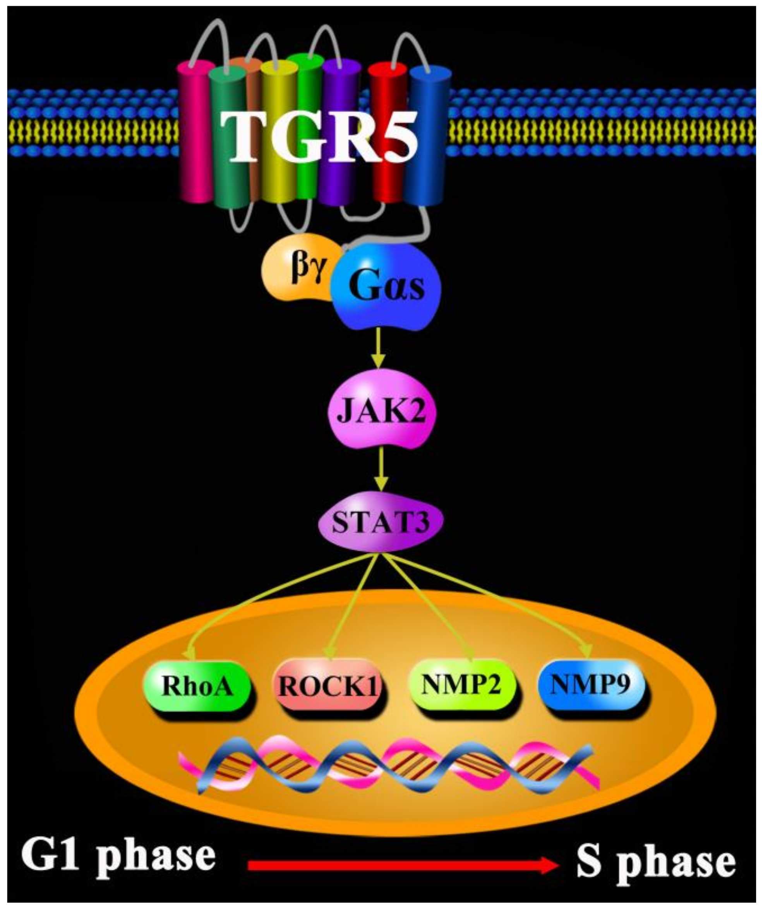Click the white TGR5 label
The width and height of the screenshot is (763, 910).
tap(320, 138)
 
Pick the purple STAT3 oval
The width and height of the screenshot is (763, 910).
tap(381, 522)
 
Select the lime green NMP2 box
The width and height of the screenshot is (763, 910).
tap(461, 685)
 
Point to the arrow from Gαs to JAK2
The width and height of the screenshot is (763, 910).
tap(379, 347)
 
